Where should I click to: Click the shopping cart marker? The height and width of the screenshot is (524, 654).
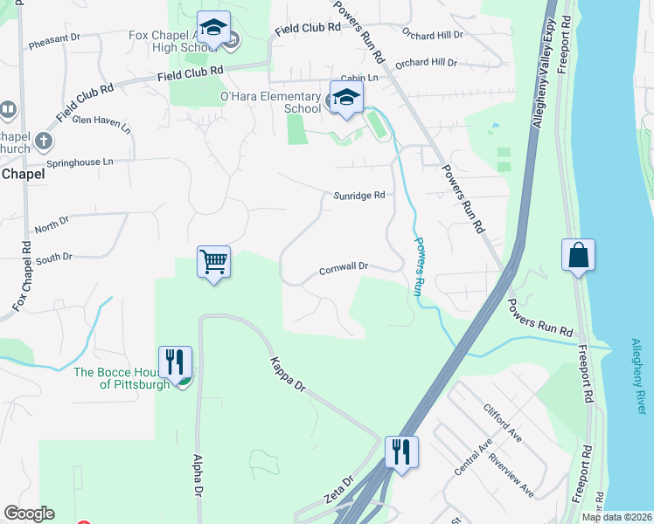(x=214, y=261)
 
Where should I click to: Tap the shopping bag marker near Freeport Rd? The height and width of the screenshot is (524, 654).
(x=578, y=255)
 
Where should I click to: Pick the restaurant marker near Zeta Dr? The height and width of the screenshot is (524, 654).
(x=401, y=452)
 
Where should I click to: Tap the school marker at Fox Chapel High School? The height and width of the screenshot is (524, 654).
(x=213, y=28)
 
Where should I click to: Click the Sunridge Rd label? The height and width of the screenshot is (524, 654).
(x=358, y=196)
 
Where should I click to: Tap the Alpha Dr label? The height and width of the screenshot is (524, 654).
(x=198, y=477)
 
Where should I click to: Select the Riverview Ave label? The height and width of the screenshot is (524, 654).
(x=511, y=475)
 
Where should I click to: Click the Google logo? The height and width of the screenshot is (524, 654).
(x=29, y=514)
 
